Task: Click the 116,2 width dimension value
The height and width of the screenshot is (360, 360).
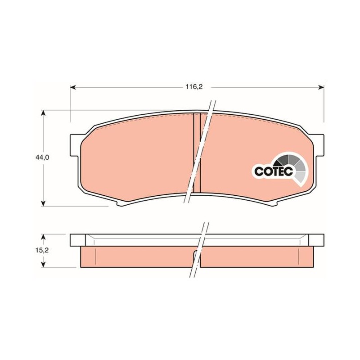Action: (194, 87)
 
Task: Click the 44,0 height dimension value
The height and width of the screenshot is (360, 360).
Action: (42, 157)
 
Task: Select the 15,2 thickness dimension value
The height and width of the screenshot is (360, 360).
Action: (42, 250)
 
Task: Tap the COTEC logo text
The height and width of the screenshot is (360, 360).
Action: (274, 171)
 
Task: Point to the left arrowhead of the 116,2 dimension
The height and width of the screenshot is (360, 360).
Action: (73, 87)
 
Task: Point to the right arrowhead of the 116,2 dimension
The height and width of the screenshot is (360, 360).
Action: (321, 87)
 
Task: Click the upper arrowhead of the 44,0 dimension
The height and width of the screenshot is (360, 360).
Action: (43, 113)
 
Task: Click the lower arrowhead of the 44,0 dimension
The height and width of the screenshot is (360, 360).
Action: (43, 203)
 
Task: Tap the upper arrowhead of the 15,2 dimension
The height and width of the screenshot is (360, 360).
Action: (43, 237)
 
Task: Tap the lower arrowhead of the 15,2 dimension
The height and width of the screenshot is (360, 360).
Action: (43, 265)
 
